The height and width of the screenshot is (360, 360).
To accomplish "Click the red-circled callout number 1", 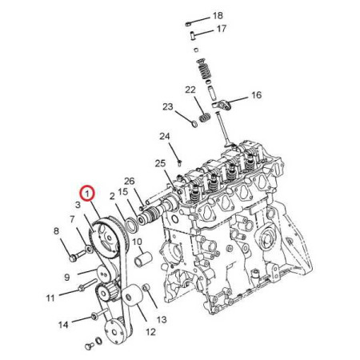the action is pyautogui.click(x=87, y=193).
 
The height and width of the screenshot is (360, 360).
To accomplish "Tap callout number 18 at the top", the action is pyautogui.click(x=218, y=16).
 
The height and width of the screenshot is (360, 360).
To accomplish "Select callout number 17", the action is pyautogui.click(x=222, y=29).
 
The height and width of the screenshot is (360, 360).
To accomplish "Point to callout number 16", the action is pyautogui.click(x=257, y=95).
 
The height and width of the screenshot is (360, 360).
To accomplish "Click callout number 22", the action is pyautogui.click(x=190, y=90).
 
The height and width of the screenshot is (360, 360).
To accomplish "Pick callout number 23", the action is pyautogui.click(x=168, y=106).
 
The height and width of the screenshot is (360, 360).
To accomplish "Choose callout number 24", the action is pyautogui.click(x=165, y=136).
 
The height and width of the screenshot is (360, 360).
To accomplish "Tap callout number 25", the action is pyautogui.click(x=160, y=163).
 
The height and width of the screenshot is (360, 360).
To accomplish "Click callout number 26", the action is pyautogui.click(x=130, y=182).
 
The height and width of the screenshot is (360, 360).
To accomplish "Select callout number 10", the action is pyautogui.click(x=137, y=242).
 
